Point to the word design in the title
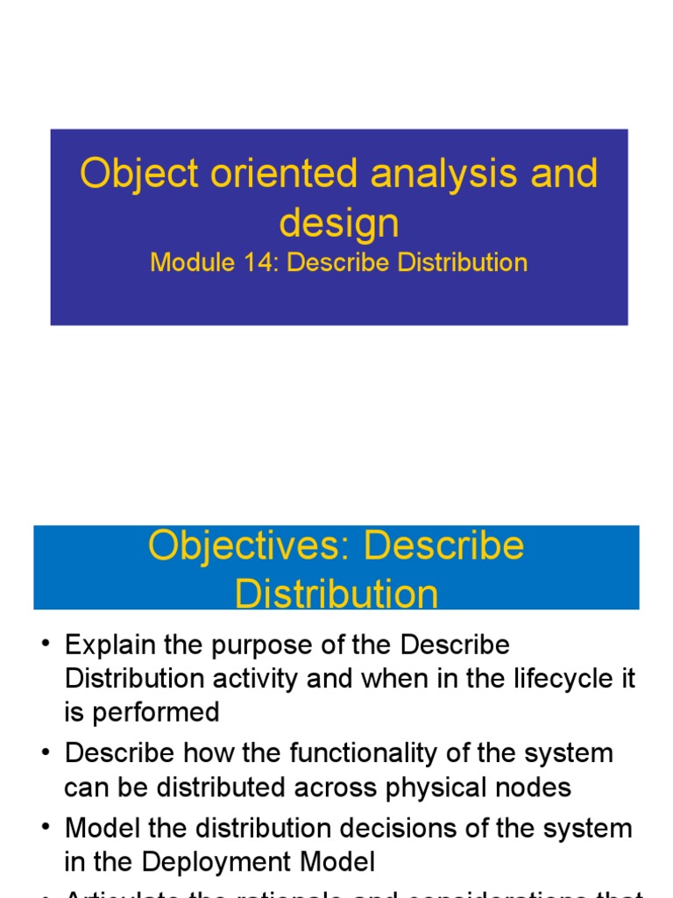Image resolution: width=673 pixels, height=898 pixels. pos(339,223)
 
